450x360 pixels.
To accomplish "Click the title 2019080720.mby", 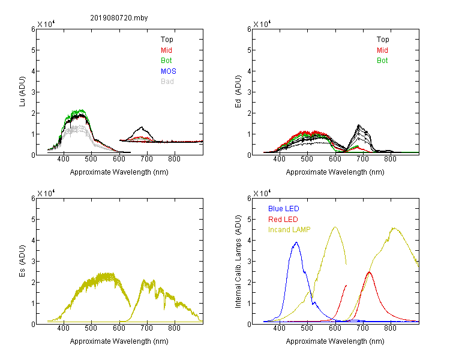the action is pyautogui.click(x=119, y=18).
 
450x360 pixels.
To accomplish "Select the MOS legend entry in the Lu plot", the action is pyautogui.click(x=169, y=71).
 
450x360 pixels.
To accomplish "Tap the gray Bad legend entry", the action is pyautogui.click(x=167, y=82).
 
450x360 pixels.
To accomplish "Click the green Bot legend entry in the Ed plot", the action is pyautogui.click(x=382, y=61).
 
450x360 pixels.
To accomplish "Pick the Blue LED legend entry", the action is pyautogui.click(x=284, y=209).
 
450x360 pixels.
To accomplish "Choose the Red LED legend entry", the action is pyautogui.click(x=283, y=220).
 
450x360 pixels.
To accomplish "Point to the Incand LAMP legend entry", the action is pyautogui.click(x=289, y=230).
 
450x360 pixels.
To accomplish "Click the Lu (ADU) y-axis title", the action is pyautogui.click(x=22, y=92).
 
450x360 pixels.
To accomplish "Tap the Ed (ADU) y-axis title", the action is pyautogui.click(x=238, y=92).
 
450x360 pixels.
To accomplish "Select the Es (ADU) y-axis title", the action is pyautogui.click(x=22, y=261).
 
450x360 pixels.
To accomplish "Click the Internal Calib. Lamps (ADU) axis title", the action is pyautogui.click(x=238, y=262).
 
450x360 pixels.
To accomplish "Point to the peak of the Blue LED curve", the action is pyautogui.click(x=296, y=242).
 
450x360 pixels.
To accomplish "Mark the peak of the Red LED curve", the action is pyautogui.click(x=370, y=272).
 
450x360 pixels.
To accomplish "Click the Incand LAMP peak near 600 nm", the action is pyautogui.click(x=335, y=227).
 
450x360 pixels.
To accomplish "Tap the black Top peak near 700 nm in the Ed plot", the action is pyautogui.click(x=359, y=125).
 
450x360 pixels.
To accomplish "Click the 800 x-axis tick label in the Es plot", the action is pyautogui.click(x=174, y=328).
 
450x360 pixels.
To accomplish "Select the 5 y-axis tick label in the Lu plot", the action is pyautogui.click(x=33, y=50).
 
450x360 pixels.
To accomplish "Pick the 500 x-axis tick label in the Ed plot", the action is pyautogui.click(x=307, y=159).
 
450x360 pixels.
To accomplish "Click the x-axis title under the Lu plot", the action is pyautogui.click(x=119, y=172).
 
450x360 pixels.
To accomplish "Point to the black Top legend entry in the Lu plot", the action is pyautogui.click(x=167, y=40).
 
